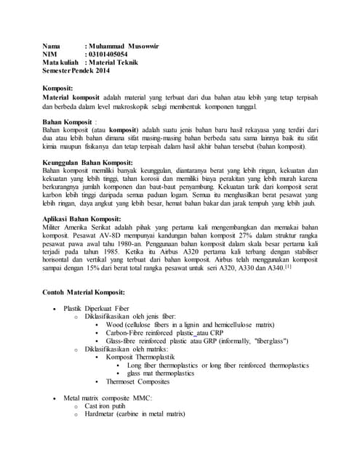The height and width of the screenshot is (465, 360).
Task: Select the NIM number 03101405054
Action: click(108, 54)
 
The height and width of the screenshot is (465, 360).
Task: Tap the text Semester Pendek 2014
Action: click(76, 71)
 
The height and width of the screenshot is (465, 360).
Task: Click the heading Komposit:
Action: click(58, 88)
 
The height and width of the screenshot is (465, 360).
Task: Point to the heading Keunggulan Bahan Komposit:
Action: click(87, 163)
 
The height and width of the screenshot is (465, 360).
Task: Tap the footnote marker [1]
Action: click(288, 266)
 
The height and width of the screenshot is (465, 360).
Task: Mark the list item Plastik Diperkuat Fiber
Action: click(97, 309)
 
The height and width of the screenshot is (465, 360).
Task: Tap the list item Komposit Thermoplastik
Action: click(145, 356)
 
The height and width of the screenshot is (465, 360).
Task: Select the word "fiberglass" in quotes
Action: click(268, 340)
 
